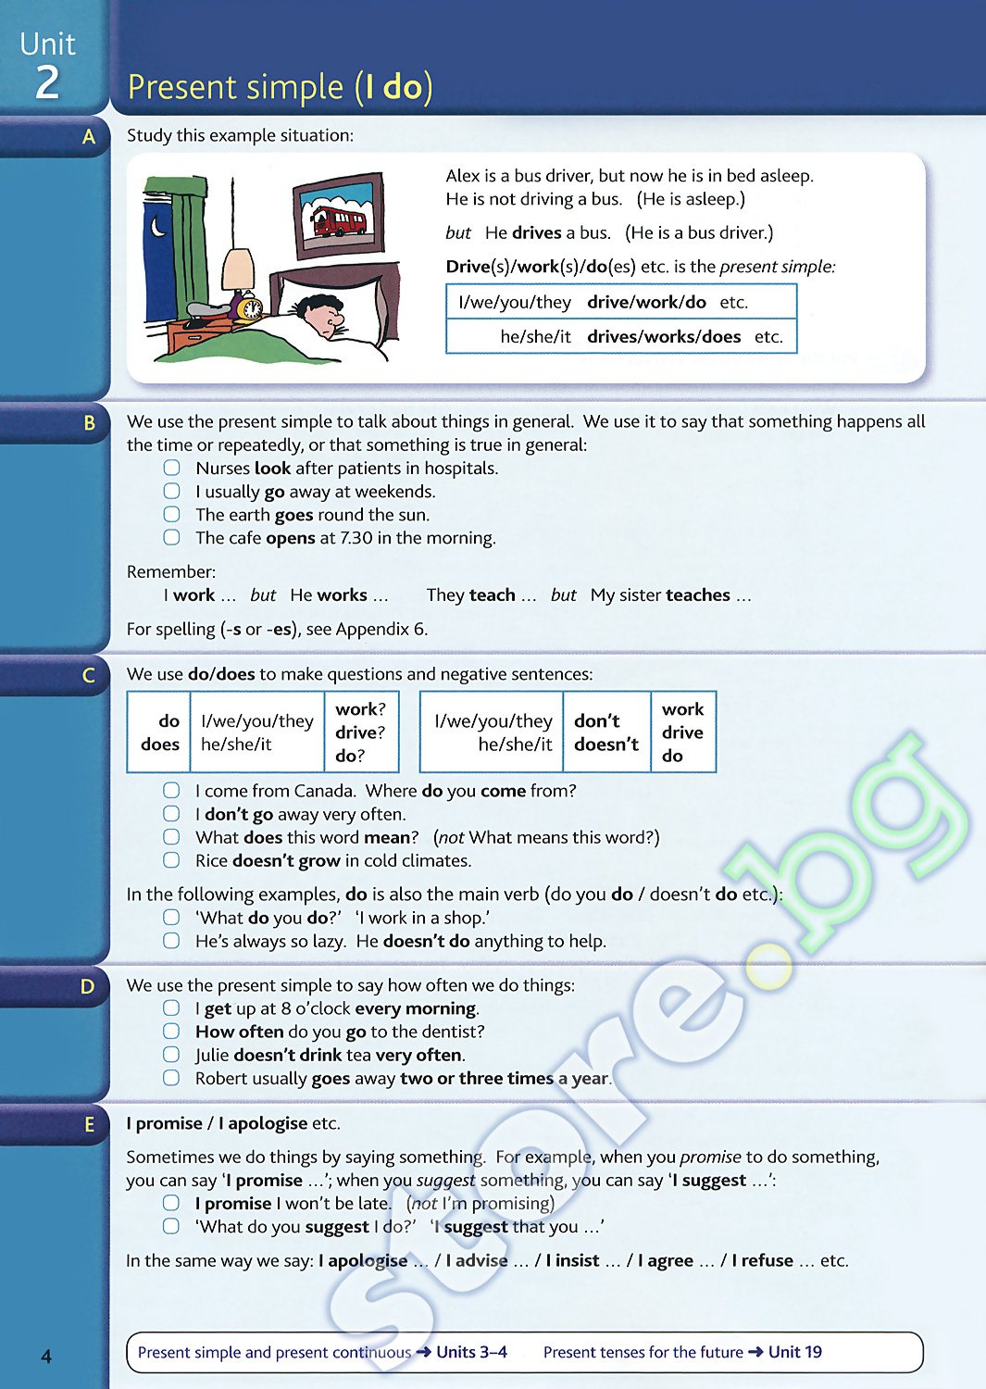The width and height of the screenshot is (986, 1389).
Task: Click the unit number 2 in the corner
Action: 47,82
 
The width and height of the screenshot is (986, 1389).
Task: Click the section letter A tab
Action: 89,137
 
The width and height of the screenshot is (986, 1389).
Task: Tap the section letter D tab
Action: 88,987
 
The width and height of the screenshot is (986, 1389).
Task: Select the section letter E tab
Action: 89,1125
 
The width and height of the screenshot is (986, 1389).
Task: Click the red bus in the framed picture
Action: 338,221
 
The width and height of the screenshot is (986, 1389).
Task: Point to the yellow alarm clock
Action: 247,307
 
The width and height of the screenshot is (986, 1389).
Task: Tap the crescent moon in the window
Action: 158,224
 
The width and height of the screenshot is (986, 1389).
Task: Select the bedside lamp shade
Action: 239,269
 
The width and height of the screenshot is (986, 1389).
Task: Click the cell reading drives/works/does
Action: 664,337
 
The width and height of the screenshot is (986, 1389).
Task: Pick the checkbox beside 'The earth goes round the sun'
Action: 171,515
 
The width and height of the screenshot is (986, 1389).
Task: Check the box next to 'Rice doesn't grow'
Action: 171,860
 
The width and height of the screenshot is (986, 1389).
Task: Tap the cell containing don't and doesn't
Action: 606,732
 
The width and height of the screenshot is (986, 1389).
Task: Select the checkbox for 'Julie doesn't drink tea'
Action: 171,1055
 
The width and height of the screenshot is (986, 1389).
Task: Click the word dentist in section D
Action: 449,1032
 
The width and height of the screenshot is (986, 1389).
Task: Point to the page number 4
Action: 46,1357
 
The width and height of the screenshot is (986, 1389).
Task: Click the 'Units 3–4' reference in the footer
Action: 471,1352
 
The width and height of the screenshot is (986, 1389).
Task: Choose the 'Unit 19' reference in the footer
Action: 794,1352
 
